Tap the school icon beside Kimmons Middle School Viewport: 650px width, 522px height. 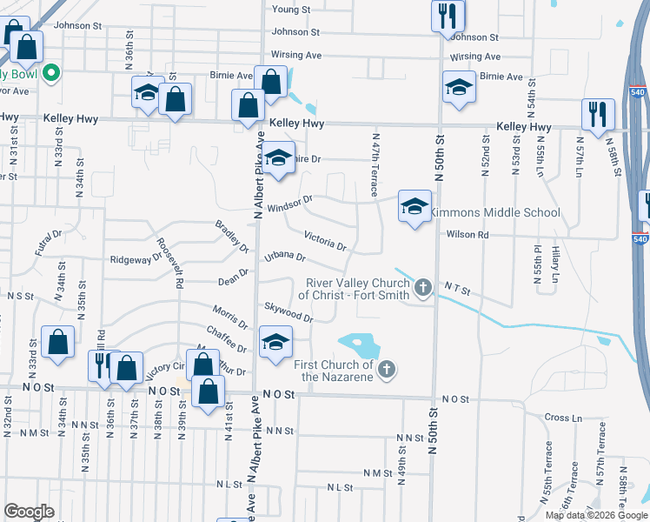click(x=415, y=207)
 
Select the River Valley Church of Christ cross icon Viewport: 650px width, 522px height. click(x=423, y=287)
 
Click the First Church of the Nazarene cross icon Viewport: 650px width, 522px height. click(x=388, y=371)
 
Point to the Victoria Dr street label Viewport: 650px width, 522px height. click(x=325, y=241)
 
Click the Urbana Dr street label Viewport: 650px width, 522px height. click(x=285, y=257)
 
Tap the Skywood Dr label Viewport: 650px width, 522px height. click(x=290, y=312)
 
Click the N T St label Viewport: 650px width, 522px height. click(x=457, y=288)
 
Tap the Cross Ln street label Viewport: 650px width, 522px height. click(x=563, y=418)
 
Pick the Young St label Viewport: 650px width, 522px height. click(x=291, y=10)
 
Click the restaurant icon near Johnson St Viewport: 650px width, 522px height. click(x=448, y=16)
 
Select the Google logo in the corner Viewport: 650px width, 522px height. click(x=30, y=512)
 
